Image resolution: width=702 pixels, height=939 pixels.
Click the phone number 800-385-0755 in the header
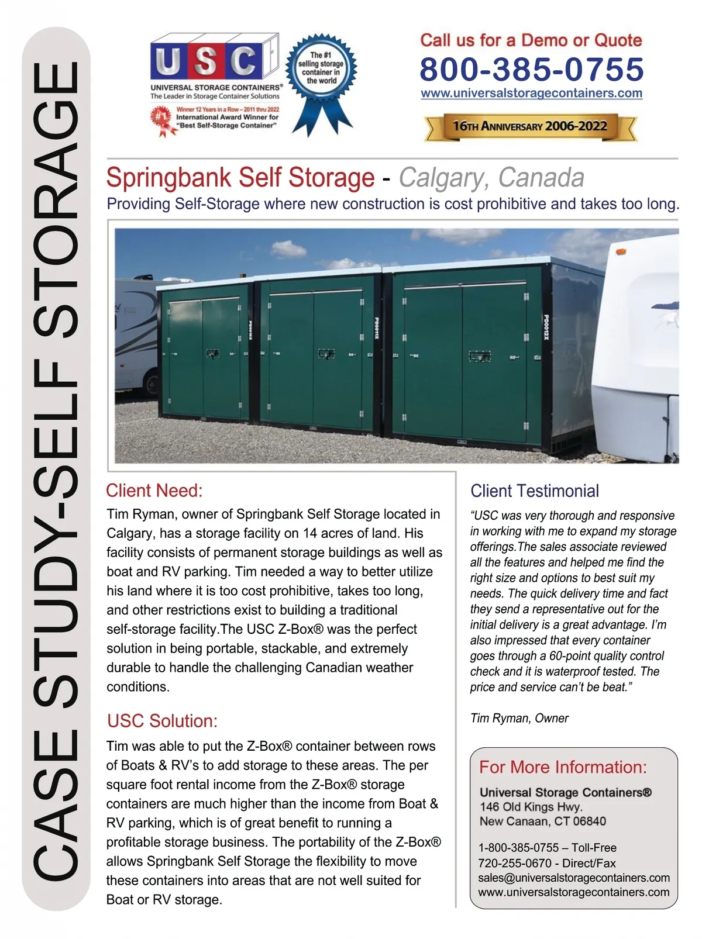point(531,69)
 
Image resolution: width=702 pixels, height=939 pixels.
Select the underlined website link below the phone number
point(531,94)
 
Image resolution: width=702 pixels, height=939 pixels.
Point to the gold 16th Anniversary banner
point(530,126)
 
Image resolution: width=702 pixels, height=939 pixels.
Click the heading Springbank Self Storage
point(240,178)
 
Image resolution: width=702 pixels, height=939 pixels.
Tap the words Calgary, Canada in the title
point(491,178)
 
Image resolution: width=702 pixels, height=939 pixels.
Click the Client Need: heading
point(154,491)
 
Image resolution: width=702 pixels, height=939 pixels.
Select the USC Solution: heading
point(162,721)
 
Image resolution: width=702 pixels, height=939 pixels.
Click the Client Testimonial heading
point(535,491)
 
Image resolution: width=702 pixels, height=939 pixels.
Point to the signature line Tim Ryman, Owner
point(519,718)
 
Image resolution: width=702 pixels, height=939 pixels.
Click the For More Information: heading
point(563,767)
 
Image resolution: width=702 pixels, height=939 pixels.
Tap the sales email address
point(573,878)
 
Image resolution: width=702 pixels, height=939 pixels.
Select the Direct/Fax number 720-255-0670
point(515,863)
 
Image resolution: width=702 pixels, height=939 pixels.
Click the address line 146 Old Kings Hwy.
point(531,807)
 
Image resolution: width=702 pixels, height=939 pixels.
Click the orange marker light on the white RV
point(620,252)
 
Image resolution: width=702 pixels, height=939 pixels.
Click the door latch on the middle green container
point(326,354)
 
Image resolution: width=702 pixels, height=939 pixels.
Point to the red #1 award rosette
point(160,117)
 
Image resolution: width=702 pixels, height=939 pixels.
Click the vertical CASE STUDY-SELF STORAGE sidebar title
point(56,468)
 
